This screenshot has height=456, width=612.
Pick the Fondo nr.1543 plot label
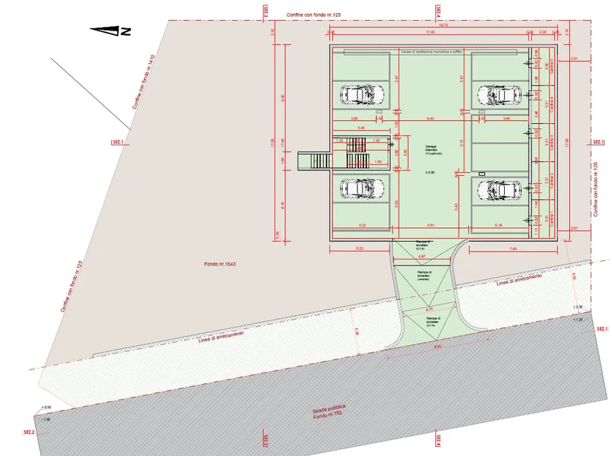pos(220,264)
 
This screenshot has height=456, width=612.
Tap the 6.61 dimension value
pos(431,226)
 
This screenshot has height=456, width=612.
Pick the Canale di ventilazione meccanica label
pos(428,52)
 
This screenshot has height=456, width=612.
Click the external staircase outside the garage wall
pos(314,161)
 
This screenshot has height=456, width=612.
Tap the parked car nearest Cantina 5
pos(500,95)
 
